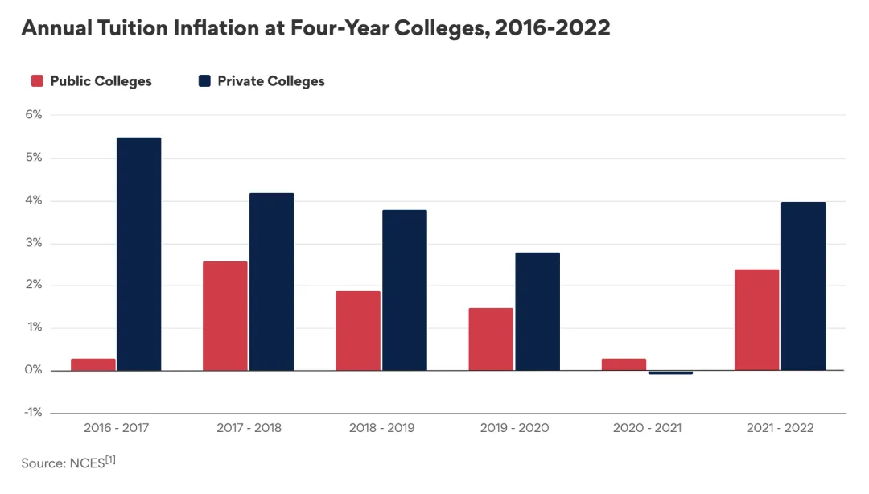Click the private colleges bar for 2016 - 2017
(x=138, y=253)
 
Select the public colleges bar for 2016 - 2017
(x=93, y=364)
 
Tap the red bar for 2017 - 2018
(x=225, y=315)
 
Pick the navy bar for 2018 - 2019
(x=404, y=290)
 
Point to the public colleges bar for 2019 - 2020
(x=491, y=339)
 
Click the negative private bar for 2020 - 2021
(x=670, y=373)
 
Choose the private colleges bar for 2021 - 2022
(x=803, y=286)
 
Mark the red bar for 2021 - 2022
(x=757, y=319)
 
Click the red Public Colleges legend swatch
(x=37, y=81)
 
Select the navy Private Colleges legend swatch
(x=204, y=81)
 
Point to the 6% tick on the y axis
(x=33, y=115)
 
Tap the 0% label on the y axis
(x=33, y=371)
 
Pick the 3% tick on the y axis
(x=33, y=243)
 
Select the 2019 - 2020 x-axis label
(x=514, y=428)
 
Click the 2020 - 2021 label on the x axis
(x=647, y=428)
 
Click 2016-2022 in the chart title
(x=552, y=28)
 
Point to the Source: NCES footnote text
(x=68, y=463)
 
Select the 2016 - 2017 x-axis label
(x=116, y=428)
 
